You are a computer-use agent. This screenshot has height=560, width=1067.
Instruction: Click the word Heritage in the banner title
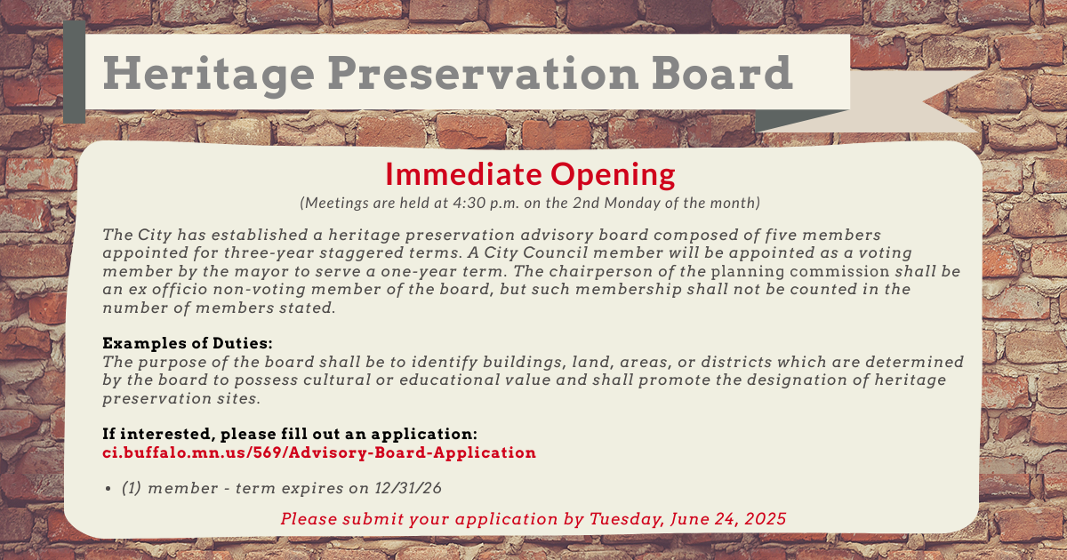click(209, 74)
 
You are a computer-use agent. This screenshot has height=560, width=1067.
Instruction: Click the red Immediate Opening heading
click(530, 174)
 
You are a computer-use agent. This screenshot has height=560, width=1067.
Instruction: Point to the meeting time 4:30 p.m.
click(485, 204)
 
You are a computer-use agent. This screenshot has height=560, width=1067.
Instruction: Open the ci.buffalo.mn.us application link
click(319, 452)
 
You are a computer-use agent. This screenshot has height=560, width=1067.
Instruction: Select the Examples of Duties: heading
click(188, 343)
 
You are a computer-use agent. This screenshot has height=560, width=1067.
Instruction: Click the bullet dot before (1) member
click(108, 489)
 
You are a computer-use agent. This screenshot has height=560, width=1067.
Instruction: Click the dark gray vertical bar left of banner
click(75, 72)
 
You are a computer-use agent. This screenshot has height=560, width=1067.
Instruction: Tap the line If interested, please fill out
click(290, 434)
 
